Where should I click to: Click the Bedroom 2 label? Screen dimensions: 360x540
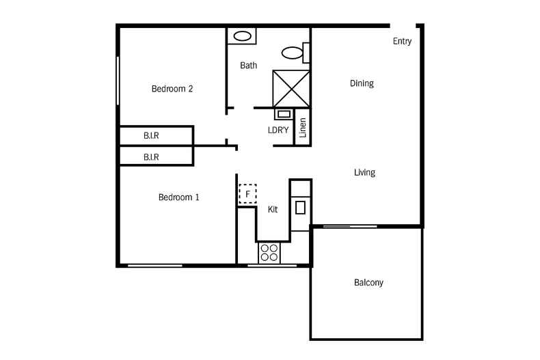pyautogui.click(x=172, y=88)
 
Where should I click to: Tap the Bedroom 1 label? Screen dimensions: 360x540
pyautogui.click(x=178, y=197)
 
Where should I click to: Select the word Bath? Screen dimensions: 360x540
pyautogui.click(x=248, y=66)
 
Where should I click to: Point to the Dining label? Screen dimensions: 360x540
pyautogui.click(x=362, y=83)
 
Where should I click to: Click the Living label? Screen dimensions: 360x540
pyautogui.click(x=364, y=172)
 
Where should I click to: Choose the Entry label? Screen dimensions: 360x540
pyautogui.click(x=402, y=41)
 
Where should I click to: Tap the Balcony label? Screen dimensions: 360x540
pyautogui.click(x=368, y=282)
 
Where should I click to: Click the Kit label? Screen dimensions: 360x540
pyautogui.click(x=273, y=210)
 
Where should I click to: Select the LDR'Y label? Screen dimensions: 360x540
pyautogui.click(x=278, y=129)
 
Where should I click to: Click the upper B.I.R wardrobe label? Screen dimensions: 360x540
pyautogui.click(x=151, y=135)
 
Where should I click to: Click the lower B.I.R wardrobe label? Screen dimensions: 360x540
pyautogui.click(x=151, y=157)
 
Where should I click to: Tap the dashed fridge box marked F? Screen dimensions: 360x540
pyautogui.click(x=247, y=194)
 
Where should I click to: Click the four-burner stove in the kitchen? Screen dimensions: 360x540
pyautogui.click(x=269, y=253)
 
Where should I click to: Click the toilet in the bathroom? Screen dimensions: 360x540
pyautogui.click(x=294, y=52)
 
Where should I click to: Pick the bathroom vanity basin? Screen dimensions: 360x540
pyautogui.click(x=241, y=36)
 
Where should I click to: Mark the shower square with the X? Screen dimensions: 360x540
pyautogui.click(x=291, y=88)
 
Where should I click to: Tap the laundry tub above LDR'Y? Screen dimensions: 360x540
pyautogui.click(x=283, y=114)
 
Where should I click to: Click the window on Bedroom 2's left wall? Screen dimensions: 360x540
pyautogui.click(x=118, y=80)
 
